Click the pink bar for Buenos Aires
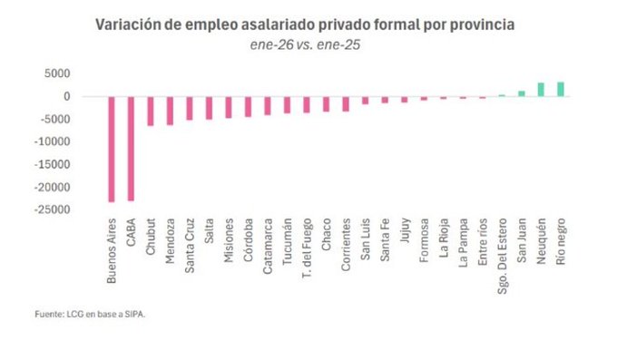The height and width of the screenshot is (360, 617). tap(112, 149)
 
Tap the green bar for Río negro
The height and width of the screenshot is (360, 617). tap(561, 89)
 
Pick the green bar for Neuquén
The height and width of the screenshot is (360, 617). tap(541, 90)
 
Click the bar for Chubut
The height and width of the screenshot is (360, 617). tap(151, 111)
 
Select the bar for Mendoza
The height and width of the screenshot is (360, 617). tap(170, 110)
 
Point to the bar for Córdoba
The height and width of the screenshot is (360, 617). tap(249, 106)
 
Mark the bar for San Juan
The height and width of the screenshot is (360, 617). tap(522, 93)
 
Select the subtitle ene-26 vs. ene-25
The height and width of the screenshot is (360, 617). tap(305, 44)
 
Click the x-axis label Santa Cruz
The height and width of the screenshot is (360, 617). tap(190, 243)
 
